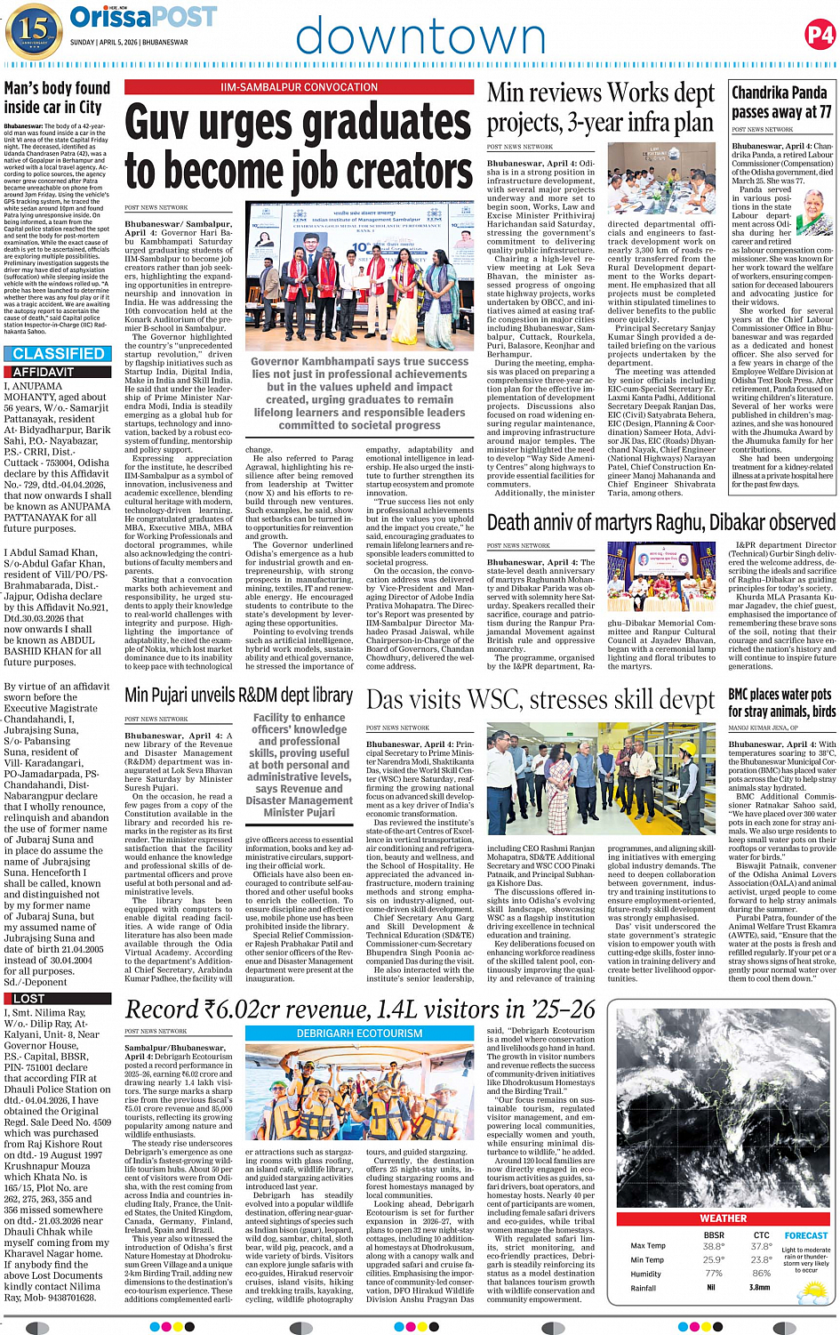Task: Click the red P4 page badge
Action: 819,35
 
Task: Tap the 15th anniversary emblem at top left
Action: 32,30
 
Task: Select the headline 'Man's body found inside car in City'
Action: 53,98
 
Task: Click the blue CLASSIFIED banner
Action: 59,354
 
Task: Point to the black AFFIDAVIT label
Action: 43,372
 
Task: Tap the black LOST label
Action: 28,999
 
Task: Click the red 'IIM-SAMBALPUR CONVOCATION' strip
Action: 300,87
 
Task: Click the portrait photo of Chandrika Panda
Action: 814,213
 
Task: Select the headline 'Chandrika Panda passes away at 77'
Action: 781,102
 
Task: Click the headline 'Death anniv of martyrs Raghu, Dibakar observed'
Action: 660,522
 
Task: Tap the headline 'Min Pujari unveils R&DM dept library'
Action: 238,695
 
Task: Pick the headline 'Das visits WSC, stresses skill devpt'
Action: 540,700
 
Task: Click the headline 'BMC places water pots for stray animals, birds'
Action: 781,702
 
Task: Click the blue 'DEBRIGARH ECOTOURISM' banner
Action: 359,1033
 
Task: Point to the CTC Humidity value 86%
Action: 761,1274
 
